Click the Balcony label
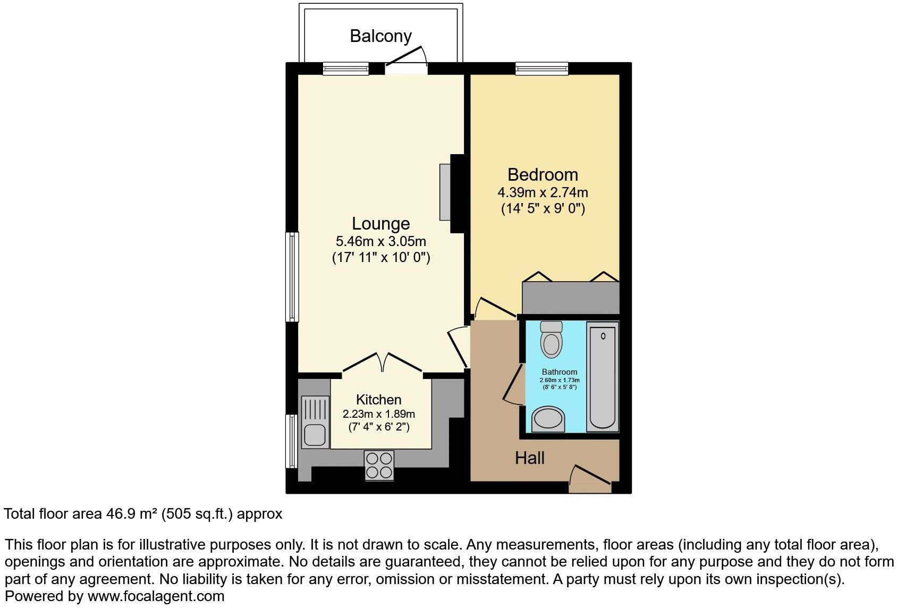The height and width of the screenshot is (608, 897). [380, 36]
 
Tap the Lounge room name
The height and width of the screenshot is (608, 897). [381, 224]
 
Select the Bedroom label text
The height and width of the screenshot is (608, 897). [543, 174]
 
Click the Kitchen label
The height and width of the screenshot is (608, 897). [378, 400]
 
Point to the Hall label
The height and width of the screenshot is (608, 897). [529, 458]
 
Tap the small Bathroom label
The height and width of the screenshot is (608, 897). [559, 372]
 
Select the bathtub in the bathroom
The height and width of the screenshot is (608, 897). [603, 376]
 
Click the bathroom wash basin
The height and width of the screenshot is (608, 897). [548, 419]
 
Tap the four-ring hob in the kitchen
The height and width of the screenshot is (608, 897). [379, 465]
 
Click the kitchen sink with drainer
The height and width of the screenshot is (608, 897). [315, 422]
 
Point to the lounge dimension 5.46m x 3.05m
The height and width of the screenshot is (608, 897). [380, 241]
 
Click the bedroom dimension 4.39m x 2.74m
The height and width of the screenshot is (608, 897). [543, 192]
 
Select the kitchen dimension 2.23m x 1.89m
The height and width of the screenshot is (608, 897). [378, 413]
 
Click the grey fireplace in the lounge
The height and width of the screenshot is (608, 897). [445, 192]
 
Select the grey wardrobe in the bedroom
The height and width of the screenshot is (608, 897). [571, 297]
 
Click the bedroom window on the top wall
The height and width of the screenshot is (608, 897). [541, 68]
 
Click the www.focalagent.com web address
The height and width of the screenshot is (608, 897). [156, 596]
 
